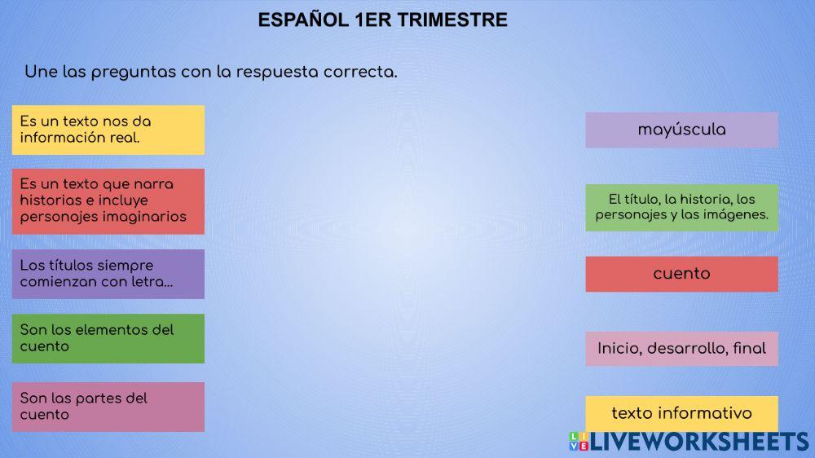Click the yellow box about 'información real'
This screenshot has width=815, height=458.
(x=108, y=130)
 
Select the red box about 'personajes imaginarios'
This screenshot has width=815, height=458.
(x=108, y=201)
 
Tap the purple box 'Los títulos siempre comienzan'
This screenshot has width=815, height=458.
(x=108, y=274)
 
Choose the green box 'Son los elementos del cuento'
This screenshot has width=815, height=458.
(x=108, y=338)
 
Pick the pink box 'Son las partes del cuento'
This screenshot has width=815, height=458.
(x=108, y=407)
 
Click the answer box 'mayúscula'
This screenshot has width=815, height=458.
(x=681, y=130)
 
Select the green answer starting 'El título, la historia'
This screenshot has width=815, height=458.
(x=681, y=207)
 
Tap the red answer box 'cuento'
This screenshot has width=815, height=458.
(x=681, y=274)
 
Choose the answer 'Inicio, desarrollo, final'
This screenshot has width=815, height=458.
(x=681, y=349)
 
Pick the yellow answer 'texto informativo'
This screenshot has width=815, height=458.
(x=681, y=413)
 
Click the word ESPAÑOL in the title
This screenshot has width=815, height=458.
(x=304, y=20)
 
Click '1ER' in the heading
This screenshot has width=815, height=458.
(x=374, y=20)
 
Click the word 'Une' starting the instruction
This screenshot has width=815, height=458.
(x=39, y=72)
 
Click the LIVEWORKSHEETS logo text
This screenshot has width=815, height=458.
(x=699, y=442)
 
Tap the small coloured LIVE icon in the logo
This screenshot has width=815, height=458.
(x=578, y=442)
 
